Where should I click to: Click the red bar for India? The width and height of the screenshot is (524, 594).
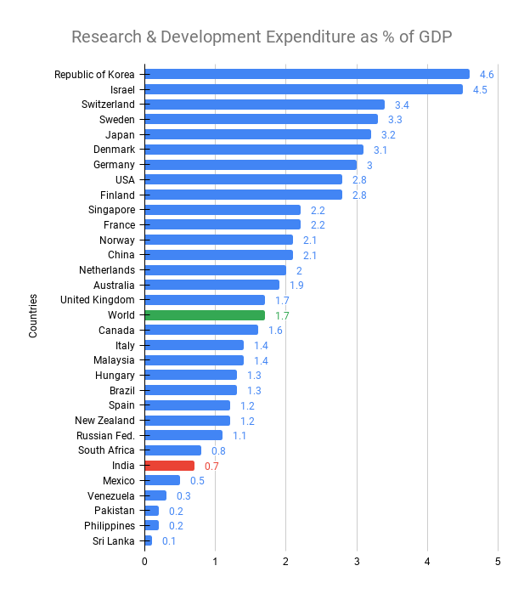(170, 466)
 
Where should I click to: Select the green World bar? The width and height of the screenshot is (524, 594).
(205, 315)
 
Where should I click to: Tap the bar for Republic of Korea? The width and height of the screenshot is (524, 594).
(307, 74)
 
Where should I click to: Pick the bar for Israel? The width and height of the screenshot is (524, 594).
(303, 89)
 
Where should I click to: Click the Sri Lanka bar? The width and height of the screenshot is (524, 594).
(149, 540)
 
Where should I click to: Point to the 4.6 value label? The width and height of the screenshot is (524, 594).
(487, 75)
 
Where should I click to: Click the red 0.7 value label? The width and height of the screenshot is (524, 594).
(211, 466)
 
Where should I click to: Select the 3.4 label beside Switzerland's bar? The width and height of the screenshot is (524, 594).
(402, 105)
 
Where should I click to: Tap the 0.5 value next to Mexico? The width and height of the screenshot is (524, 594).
(197, 481)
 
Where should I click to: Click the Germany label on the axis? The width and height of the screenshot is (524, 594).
(114, 164)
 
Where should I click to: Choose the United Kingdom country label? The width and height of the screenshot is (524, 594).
(98, 300)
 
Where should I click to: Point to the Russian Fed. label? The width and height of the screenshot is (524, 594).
(105, 435)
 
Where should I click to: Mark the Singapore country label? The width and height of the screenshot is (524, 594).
(111, 210)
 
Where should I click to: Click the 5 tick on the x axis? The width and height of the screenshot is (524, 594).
(499, 562)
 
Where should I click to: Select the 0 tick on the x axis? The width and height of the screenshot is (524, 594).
(145, 562)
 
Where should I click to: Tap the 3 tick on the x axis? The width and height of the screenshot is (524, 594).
(357, 562)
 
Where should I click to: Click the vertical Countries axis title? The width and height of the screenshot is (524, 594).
(33, 315)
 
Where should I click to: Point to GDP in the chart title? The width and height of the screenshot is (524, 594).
(433, 37)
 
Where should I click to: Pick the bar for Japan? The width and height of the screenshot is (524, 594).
(258, 134)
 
